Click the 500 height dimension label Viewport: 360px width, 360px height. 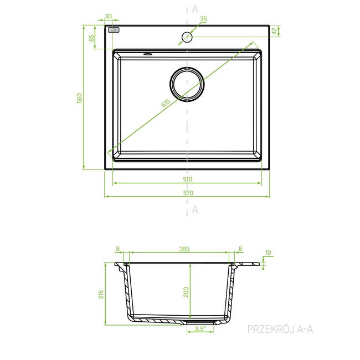click(x=79, y=98)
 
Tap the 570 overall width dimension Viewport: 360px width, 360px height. click(x=188, y=193)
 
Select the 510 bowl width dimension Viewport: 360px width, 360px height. click(x=188, y=179)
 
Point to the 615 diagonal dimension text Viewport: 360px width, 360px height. click(x=166, y=103)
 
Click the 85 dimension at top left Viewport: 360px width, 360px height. click(x=91, y=38)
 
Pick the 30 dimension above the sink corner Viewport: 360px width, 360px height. click(x=108, y=16)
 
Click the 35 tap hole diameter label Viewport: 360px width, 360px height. click(x=203, y=19)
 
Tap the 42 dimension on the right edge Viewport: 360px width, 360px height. click(x=274, y=31)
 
